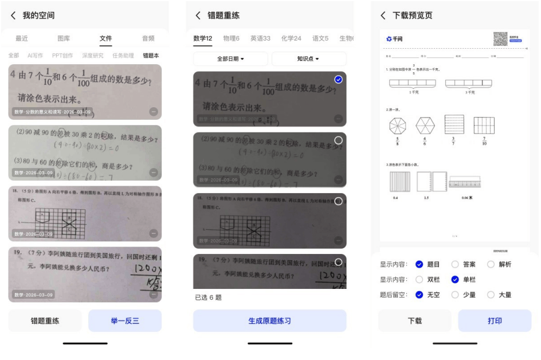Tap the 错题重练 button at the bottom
click(45, 321)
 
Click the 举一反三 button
click(125, 321)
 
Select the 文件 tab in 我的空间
click(106, 38)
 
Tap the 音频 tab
click(148, 38)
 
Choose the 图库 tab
click(64, 38)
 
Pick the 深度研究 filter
click(92, 56)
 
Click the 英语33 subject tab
click(260, 38)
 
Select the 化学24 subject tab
click(291, 38)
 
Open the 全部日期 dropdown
click(230, 59)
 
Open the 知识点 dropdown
click(308, 59)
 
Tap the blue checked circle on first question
click(338, 80)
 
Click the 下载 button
click(415, 321)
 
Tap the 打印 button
click(495, 321)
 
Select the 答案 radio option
click(456, 264)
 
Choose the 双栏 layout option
click(419, 280)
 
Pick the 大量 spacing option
click(491, 295)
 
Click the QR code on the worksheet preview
click(500, 38)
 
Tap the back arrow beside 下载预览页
click(383, 15)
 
